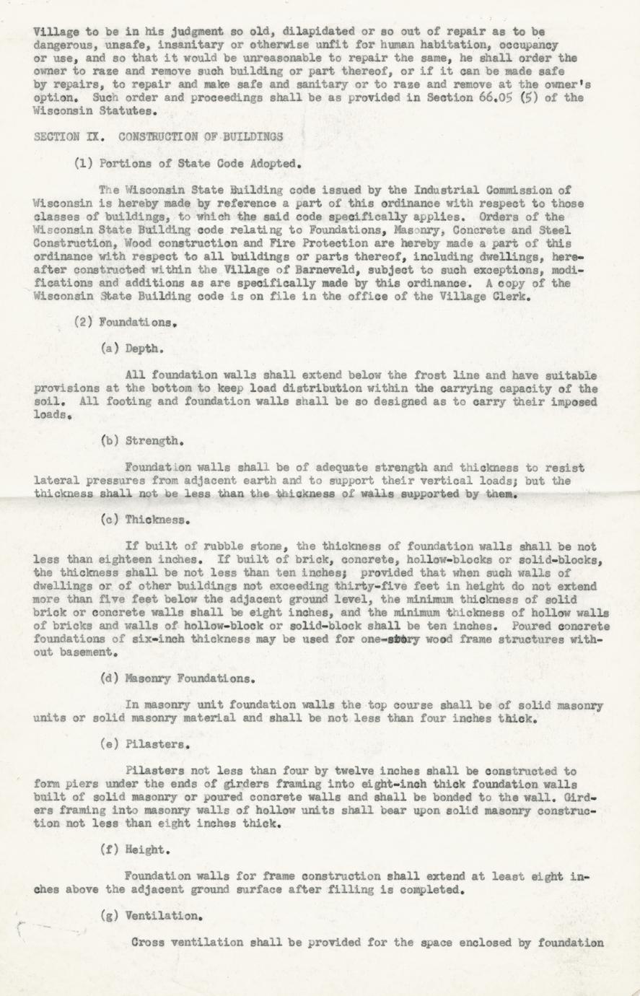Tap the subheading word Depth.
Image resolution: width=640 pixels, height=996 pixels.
point(144,349)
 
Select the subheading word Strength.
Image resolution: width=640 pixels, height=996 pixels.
point(154,440)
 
